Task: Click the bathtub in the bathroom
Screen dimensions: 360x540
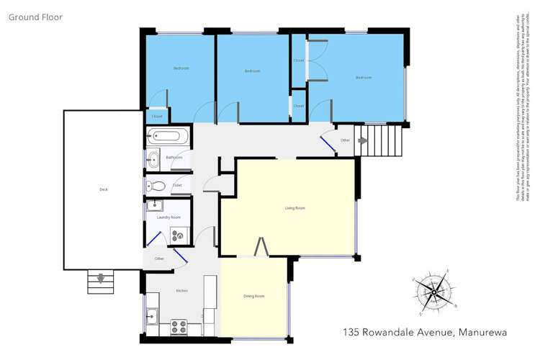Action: (x=167, y=136)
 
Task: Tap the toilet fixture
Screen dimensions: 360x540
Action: (x=158, y=186)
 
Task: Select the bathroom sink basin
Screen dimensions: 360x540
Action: (x=153, y=160)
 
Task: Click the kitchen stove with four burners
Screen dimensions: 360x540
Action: (x=179, y=327)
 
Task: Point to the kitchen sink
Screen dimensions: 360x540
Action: (x=152, y=315)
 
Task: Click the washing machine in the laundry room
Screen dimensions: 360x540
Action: (x=177, y=233)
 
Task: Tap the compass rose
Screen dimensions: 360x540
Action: (x=433, y=293)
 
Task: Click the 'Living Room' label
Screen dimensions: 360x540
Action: (x=295, y=208)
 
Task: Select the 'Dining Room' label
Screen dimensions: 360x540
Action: (x=253, y=296)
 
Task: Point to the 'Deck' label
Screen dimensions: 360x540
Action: (x=103, y=189)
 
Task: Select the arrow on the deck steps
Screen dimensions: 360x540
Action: (x=101, y=278)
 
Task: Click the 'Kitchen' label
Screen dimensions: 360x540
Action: (x=182, y=290)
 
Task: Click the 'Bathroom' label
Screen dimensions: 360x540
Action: (x=174, y=157)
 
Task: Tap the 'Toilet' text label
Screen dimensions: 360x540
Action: (x=177, y=185)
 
